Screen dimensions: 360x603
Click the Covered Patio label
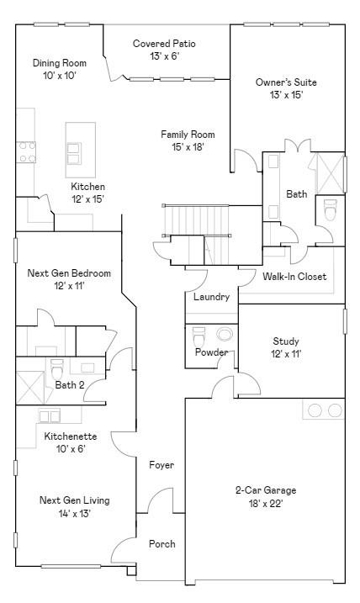click(x=164, y=44)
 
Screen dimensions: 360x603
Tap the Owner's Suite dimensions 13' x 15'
click(x=287, y=95)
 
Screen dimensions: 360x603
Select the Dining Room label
click(x=60, y=63)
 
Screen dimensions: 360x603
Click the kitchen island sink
click(x=74, y=153)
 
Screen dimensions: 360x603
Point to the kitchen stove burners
click(x=26, y=152)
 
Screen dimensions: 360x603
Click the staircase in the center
click(x=196, y=235)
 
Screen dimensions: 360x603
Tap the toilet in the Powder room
click(x=199, y=337)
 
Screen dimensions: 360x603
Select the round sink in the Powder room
click(x=225, y=334)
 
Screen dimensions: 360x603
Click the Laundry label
click(x=211, y=297)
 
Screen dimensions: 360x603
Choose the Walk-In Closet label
click(x=294, y=277)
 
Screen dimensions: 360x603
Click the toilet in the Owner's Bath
click(x=330, y=210)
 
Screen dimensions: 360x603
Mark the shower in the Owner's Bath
click(x=330, y=173)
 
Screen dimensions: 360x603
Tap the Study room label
click(x=286, y=341)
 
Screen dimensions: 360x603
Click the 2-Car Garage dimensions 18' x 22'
click(x=266, y=504)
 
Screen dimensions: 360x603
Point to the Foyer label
click(x=161, y=465)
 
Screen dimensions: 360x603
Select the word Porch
click(x=162, y=544)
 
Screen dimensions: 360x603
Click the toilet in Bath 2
click(x=57, y=369)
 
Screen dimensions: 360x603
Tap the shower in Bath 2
click(x=30, y=387)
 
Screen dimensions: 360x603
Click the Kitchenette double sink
click(x=50, y=416)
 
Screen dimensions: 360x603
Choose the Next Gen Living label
click(x=75, y=500)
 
